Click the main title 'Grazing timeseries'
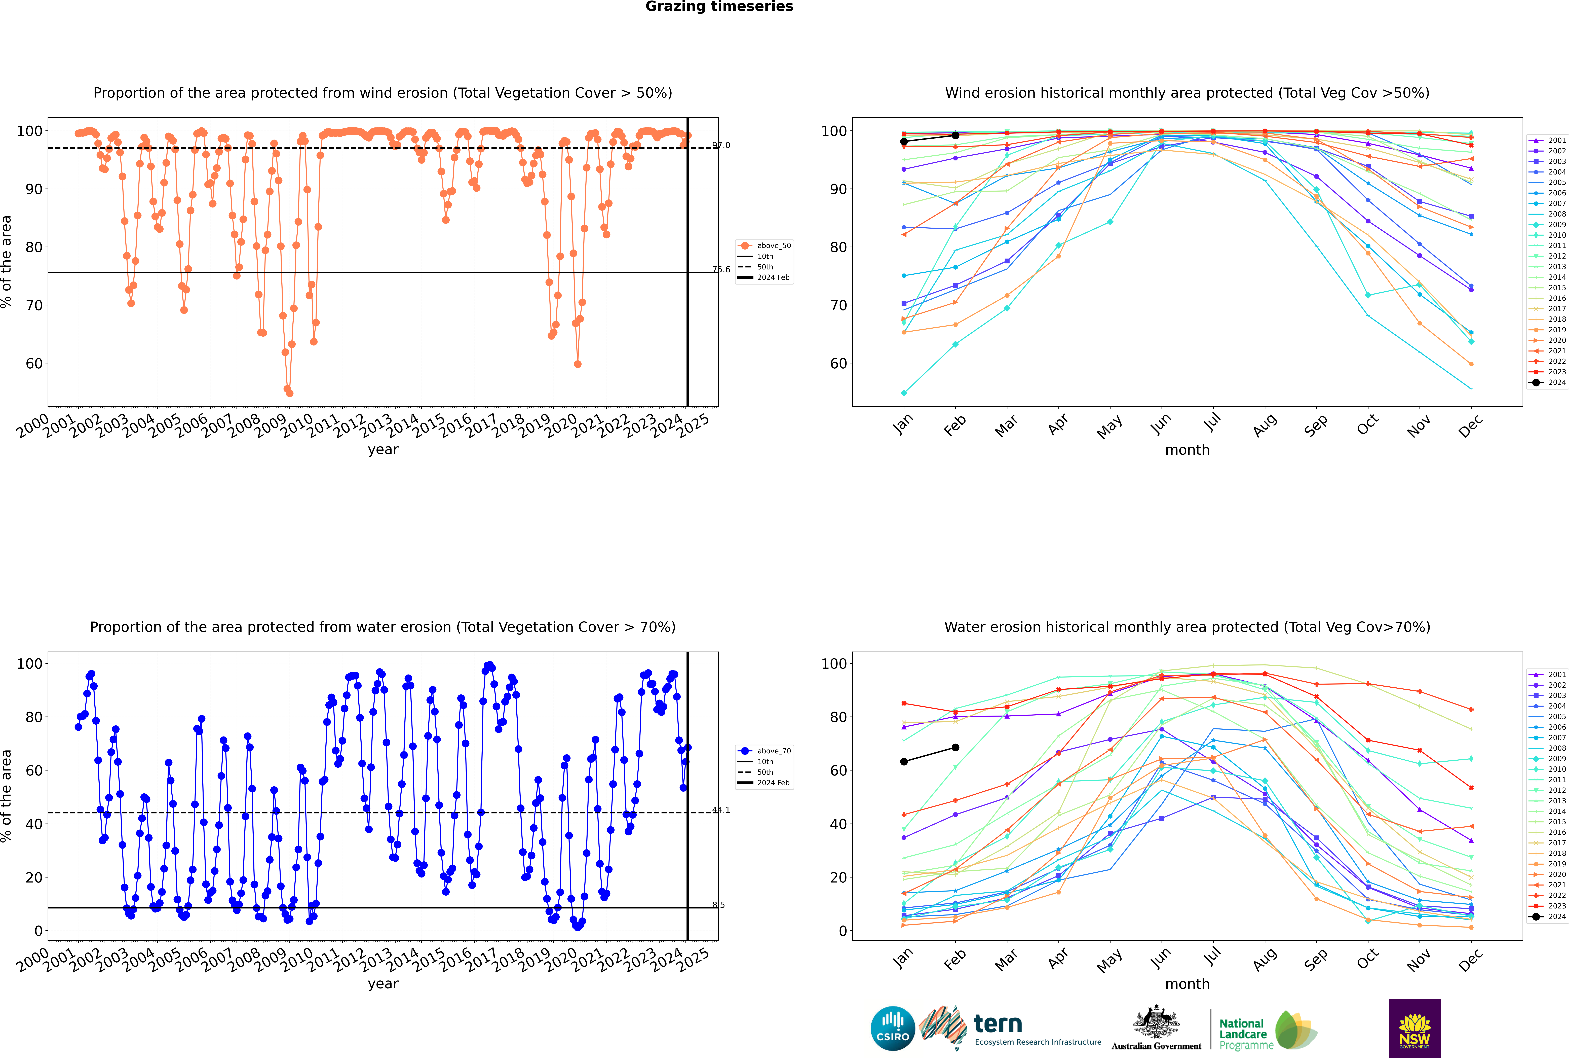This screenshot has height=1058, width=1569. coord(719,7)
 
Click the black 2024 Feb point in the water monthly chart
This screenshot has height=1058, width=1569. coord(955,748)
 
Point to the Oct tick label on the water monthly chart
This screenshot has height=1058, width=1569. coord(1367,958)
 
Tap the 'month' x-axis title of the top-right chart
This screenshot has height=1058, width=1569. coord(1187,450)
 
